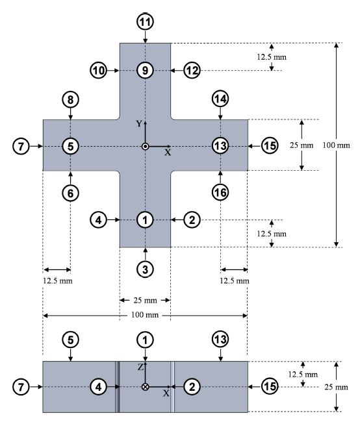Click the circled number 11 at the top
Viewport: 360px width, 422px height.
145,21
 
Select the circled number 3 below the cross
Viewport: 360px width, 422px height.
145,269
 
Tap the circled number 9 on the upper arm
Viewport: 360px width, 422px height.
145,69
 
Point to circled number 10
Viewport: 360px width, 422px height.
99,69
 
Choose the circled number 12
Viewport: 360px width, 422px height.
191,69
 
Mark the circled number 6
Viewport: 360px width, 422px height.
70,192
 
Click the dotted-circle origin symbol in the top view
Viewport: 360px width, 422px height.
145,146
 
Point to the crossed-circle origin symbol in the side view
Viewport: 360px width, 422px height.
145,387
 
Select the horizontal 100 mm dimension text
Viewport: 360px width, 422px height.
144,315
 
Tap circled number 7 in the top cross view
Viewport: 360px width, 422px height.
21,146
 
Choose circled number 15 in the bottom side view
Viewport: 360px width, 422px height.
270,387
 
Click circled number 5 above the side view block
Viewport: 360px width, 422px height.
70,339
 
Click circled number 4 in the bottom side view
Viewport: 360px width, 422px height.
99,387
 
